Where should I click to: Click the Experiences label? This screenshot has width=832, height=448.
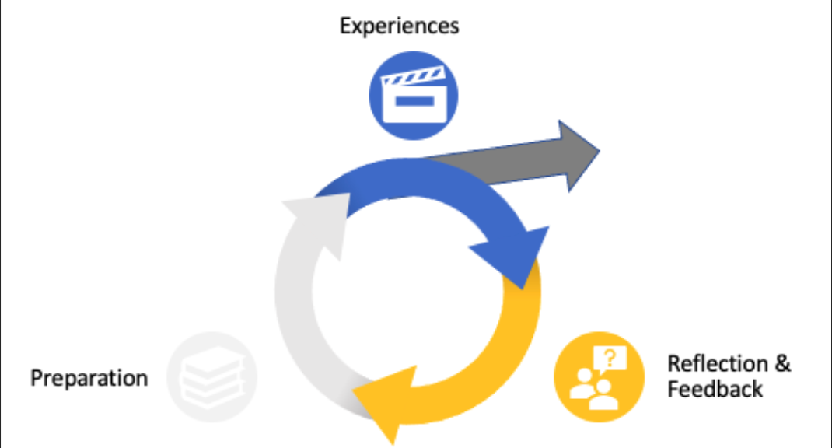tap(399, 26)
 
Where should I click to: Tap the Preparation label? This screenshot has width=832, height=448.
tap(89, 379)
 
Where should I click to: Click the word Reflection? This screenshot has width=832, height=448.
tap(718, 363)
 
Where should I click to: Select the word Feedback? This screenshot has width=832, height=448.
tap(715, 389)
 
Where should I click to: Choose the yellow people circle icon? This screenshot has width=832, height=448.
tap(599, 377)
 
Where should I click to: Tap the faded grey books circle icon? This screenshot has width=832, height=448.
tap(211, 377)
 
